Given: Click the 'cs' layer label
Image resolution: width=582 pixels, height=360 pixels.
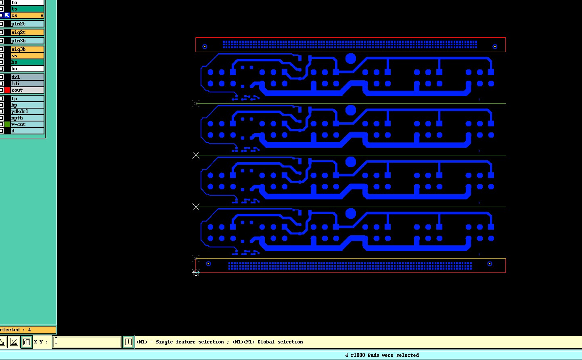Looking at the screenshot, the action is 27,16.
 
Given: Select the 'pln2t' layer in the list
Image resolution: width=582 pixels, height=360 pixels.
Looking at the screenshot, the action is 27,24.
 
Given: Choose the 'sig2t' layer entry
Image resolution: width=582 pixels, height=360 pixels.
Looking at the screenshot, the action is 27,32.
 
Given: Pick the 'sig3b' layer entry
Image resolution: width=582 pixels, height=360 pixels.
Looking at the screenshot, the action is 27,49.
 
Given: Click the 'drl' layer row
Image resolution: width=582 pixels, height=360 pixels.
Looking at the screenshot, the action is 27,77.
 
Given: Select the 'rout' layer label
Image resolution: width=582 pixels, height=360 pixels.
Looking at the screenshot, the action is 27,90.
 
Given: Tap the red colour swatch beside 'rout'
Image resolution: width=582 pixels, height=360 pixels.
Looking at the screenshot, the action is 7,90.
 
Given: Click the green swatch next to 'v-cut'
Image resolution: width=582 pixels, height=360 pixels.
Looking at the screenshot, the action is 7,124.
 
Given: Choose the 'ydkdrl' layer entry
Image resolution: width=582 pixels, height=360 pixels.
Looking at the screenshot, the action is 27,111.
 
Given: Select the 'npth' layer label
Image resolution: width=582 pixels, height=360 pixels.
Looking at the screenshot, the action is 27,118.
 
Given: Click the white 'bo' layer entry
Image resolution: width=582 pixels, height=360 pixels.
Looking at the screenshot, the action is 27,69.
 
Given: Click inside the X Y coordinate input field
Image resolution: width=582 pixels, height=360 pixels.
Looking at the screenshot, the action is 87,342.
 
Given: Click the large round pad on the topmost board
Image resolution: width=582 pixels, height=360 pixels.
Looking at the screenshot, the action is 350,59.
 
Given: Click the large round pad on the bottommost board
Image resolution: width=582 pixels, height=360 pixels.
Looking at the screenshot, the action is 350,213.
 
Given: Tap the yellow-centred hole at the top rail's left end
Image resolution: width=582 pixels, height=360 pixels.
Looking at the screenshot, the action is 205,47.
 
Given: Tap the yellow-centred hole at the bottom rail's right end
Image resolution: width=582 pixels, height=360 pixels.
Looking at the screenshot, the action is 490,264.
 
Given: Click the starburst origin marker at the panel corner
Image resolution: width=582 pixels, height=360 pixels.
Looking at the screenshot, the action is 196,272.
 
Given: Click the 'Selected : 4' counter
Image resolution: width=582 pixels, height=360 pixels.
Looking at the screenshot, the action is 28,330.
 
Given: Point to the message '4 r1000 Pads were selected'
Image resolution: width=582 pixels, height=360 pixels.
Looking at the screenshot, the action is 382,355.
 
